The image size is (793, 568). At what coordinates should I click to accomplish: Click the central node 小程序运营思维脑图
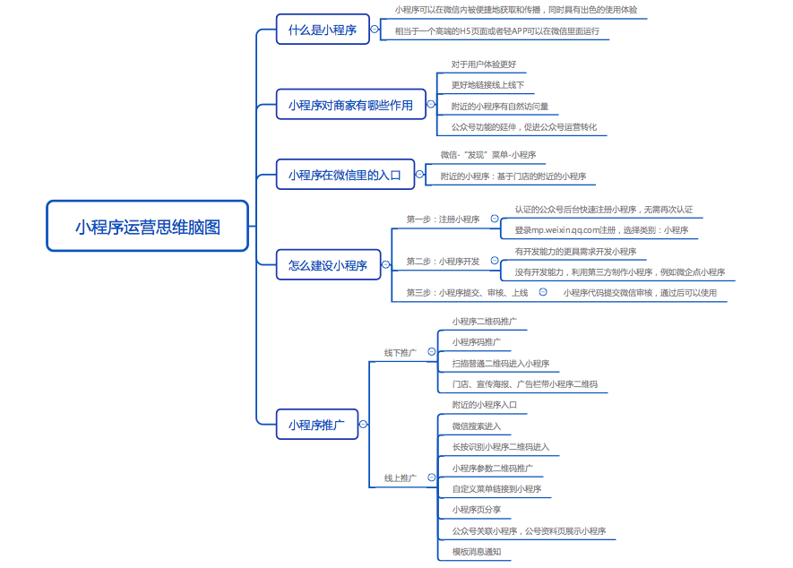tap(147, 226)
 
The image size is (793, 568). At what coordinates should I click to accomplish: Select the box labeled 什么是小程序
tap(323, 30)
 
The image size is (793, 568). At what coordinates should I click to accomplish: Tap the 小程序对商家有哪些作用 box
tap(351, 105)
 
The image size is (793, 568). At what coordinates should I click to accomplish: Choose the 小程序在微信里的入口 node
tap(345, 175)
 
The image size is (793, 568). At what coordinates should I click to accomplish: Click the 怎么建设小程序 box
tap(328, 264)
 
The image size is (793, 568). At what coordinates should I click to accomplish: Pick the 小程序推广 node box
tap(317, 425)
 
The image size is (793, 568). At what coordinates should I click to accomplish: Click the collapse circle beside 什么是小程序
tap(375, 29)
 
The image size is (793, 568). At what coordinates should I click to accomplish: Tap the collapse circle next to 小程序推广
tap(363, 424)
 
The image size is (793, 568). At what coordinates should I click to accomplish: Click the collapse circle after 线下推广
tap(431, 351)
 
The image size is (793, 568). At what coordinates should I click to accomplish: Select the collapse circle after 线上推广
tap(431, 477)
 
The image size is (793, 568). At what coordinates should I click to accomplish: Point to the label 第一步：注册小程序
tap(443, 219)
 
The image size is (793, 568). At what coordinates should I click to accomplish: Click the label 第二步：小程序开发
tap(443, 261)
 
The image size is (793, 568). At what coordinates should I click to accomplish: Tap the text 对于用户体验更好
tap(484, 65)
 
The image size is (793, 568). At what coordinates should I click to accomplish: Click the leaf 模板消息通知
tap(477, 551)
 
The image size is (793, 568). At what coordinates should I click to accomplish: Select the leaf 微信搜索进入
tap(477, 426)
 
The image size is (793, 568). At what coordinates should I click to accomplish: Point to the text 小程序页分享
tap(477, 510)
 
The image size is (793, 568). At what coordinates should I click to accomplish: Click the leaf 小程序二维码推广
tap(485, 321)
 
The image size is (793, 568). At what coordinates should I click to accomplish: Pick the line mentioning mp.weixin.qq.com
tap(601, 229)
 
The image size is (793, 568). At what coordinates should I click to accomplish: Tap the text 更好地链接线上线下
tap(487, 85)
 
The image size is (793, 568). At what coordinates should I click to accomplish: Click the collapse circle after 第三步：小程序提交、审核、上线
tap(543, 292)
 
